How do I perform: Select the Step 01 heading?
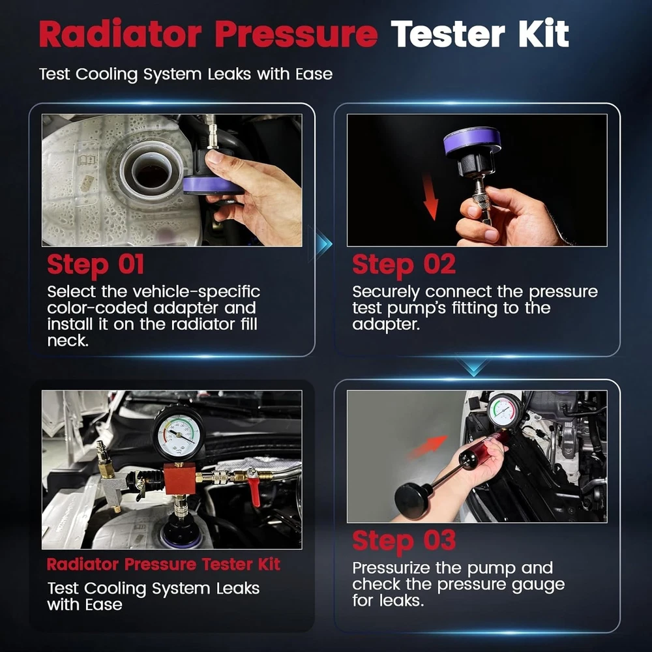[x=96, y=265]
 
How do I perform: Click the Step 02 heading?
[x=404, y=265]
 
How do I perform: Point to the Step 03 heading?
[x=404, y=541]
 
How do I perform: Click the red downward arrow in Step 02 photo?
[x=430, y=197]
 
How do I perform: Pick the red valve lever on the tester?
[x=253, y=488]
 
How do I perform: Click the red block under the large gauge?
[x=180, y=479]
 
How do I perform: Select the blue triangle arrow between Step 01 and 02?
[x=321, y=244]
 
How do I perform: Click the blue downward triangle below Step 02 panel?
[x=473, y=365]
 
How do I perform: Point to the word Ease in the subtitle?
[x=314, y=74]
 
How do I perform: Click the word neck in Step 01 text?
[x=68, y=341]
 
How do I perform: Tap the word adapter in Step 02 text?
[x=385, y=325]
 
